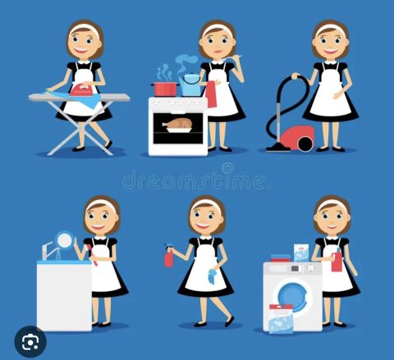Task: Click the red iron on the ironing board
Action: pos(81,89)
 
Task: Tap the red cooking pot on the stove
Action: pos(165,89)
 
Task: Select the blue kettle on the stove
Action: pos(190,84)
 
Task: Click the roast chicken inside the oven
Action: pos(177,124)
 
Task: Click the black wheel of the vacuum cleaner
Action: pos(305,144)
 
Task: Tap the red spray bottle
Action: pos(168,256)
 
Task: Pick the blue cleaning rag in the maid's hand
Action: pos(213,276)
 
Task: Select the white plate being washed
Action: pos(65,240)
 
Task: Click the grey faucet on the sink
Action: pos(48,250)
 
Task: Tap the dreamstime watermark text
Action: pos(194,178)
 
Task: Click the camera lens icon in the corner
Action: pos(30,341)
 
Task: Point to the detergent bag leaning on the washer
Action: pos(281,319)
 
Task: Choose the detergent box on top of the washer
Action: pos(301,253)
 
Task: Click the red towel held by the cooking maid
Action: pos(211,94)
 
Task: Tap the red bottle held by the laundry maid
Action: pos(337,261)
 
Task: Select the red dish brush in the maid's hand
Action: pos(92,255)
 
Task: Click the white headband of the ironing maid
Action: pos(85,27)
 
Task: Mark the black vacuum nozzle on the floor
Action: pos(278,148)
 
